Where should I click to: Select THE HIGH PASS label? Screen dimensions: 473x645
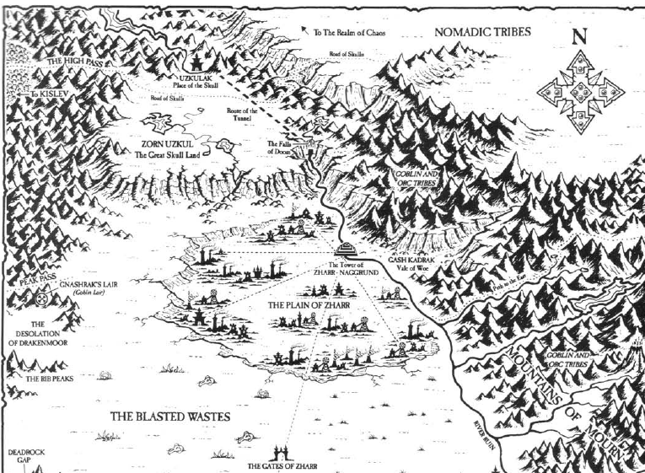[74, 62]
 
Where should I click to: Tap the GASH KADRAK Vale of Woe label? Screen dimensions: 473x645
[414, 266]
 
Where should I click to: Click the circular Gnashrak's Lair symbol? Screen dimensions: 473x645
[44, 298]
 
